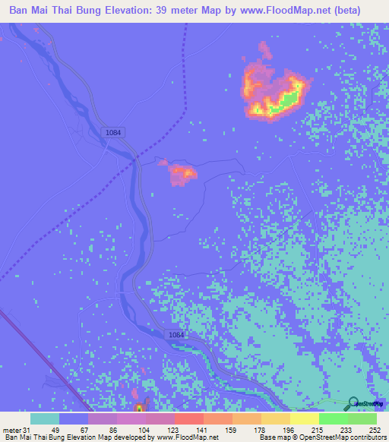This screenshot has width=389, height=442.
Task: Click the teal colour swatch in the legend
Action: pos(45,418)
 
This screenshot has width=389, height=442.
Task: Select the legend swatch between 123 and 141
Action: pos(189,418)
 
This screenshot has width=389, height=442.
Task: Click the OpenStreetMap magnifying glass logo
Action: pos(353,403)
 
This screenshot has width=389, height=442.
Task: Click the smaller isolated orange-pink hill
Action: pos(182,173)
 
